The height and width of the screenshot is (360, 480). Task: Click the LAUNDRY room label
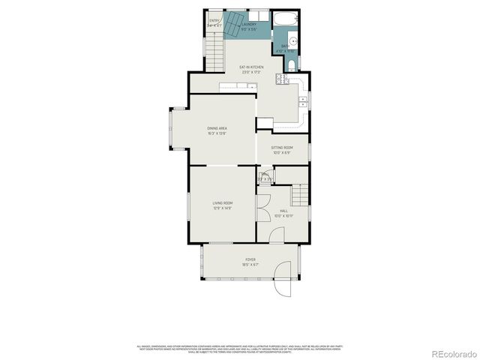click(x=249, y=24)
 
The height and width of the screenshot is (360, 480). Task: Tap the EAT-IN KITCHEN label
click(x=250, y=67)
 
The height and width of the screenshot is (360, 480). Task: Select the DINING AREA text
click(x=217, y=128)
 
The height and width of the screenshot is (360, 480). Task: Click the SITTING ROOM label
click(x=282, y=148)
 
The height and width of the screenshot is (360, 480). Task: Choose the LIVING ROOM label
click(x=222, y=203)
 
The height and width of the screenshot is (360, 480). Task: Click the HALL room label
click(x=284, y=211)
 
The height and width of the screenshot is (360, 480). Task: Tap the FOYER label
click(x=250, y=259)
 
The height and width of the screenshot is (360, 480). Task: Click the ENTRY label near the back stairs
click(x=214, y=22)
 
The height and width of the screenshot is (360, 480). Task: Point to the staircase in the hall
click(x=301, y=196)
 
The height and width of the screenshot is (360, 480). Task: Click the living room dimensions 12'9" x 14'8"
click(x=222, y=208)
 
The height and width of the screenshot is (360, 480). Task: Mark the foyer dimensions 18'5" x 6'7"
click(x=250, y=264)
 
